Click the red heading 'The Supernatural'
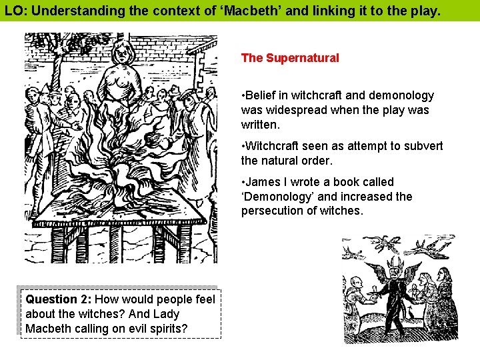[290, 58]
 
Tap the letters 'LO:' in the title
[16, 11]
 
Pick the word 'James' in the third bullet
[262, 182]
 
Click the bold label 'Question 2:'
[58, 300]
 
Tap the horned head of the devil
[393, 272]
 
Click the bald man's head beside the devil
[357, 283]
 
